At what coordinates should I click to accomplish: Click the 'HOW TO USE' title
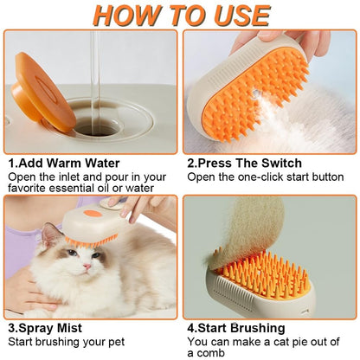point(180,15)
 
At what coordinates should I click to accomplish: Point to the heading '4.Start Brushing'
point(235,328)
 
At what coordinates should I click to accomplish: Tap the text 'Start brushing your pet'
point(66,342)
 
